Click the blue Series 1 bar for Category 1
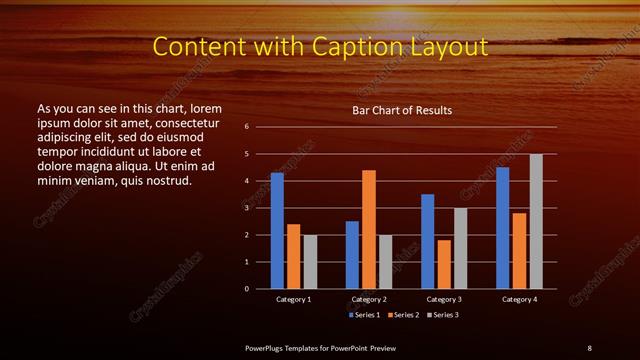277,231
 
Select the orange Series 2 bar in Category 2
369,229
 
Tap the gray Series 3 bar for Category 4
536,221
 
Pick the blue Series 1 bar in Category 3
427,241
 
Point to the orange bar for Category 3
444,264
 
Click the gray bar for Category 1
310,261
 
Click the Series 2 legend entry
404,315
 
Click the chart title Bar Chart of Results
402,109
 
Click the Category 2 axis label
369,299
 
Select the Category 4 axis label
519,299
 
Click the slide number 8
589,347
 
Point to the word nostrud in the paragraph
168,180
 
